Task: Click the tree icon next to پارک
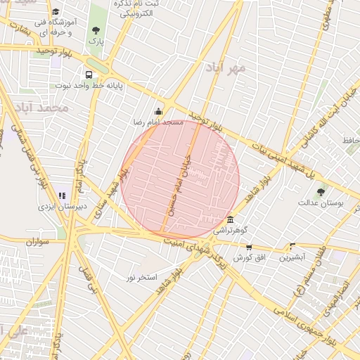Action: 96,30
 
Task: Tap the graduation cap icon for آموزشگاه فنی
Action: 56,12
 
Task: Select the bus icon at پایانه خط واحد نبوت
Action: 89,74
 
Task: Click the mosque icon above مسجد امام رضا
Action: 158,110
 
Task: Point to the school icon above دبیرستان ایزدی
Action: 61,195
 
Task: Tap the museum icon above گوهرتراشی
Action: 231,219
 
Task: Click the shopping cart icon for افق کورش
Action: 249,247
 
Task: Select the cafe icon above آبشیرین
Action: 292,246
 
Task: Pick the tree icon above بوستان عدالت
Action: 321,191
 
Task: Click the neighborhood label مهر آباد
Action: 226,68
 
